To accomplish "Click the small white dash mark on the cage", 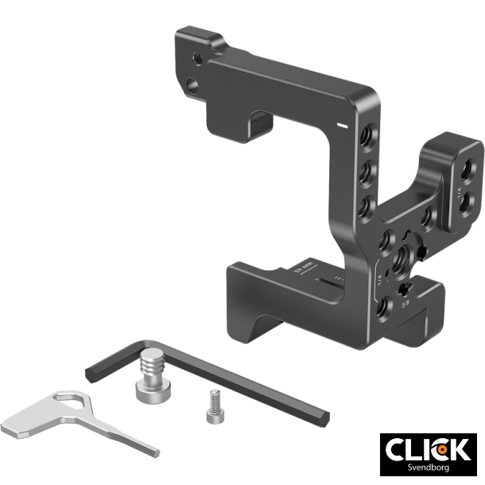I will tap(341, 126).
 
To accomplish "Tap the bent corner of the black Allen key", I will tap(90, 367).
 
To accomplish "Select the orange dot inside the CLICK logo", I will tap(439, 449).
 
